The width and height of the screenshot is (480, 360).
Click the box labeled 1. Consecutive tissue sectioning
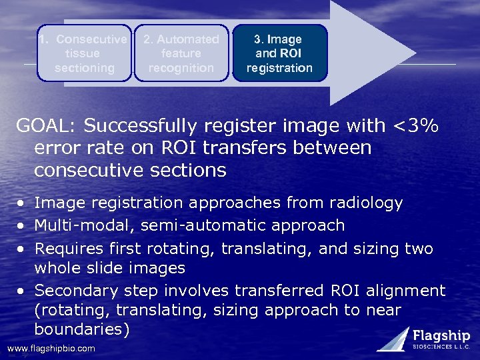pyautogui.click(x=84, y=53)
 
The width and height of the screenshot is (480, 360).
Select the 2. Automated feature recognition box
pyautogui.click(x=181, y=53)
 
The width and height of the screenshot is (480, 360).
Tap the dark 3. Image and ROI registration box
pyautogui.click(x=279, y=53)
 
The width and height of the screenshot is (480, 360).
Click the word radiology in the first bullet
pyautogui.click(x=363, y=203)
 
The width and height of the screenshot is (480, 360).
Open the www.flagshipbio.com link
pyautogui.click(x=51, y=349)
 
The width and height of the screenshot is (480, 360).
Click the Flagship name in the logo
pyautogui.click(x=441, y=335)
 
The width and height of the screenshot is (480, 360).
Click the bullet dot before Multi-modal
pyautogui.click(x=21, y=226)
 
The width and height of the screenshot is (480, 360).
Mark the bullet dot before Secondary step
pyautogui.click(x=21, y=291)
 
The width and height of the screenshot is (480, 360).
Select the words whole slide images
pyautogui.click(x=110, y=267)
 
